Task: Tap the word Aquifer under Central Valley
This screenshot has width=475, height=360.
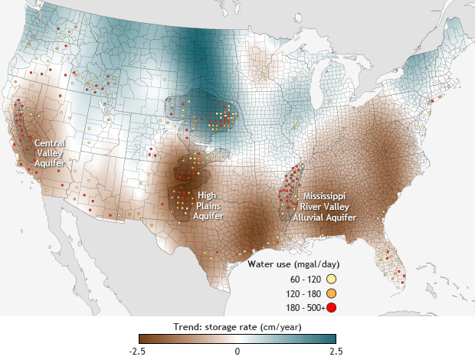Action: (x=49, y=163)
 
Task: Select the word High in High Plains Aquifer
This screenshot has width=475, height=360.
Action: (x=206, y=195)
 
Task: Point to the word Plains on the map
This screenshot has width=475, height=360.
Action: (x=206, y=206)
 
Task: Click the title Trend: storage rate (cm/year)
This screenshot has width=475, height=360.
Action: (x=237, y=327)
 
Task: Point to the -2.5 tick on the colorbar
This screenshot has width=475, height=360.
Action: (x=139, y=350)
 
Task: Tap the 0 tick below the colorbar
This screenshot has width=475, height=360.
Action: (x=237, y=350)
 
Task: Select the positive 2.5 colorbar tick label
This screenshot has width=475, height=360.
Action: (x=336, y=350)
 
